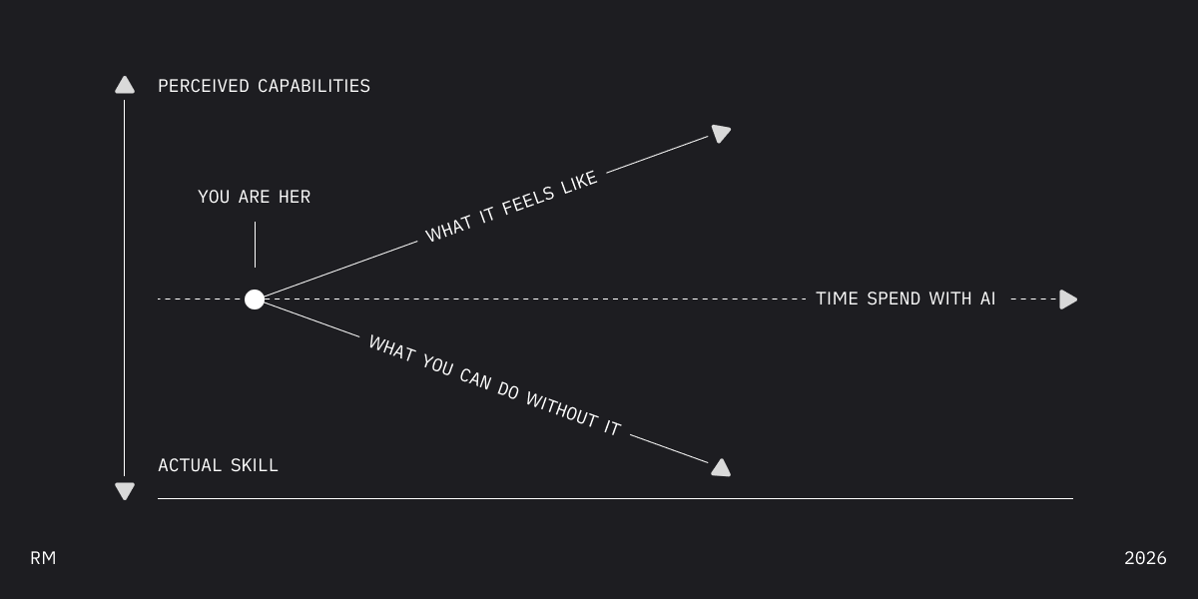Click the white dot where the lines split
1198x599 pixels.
tap(255, 299)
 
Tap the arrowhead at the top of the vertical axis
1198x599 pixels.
tap(125, 85)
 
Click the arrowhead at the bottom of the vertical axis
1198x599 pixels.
tap(125, 490)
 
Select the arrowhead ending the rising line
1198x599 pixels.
tap(721, 133)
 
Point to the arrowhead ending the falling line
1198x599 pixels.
tap(721, 467)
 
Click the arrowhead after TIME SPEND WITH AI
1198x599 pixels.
tap(1068, 299)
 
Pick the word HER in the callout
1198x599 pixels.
tap(294, 197)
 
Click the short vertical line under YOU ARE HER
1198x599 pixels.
tap(255, 245)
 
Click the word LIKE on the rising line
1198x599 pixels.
tap(579, 184)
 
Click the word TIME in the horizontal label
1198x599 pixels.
tap(837, 299)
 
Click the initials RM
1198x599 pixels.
tap(43, 558)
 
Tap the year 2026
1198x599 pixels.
tap(1145, 558)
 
